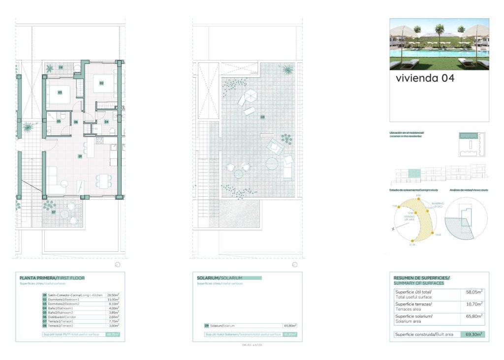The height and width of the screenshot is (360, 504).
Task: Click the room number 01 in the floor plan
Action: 80,156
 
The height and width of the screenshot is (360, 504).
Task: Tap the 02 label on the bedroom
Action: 102,83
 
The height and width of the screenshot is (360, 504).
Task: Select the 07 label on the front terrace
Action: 54,212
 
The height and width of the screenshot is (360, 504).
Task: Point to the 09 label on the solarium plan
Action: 263,117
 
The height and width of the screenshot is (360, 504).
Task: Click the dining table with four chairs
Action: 103,180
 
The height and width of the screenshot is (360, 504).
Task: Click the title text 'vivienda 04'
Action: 425,78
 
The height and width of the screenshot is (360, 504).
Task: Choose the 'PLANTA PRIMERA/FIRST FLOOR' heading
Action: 52,278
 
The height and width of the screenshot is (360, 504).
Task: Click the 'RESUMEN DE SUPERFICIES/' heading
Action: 421,278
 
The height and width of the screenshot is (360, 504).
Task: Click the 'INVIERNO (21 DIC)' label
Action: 438,205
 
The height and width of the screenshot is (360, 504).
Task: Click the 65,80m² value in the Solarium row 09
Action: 290,326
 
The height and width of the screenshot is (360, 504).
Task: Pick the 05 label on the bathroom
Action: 59,121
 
